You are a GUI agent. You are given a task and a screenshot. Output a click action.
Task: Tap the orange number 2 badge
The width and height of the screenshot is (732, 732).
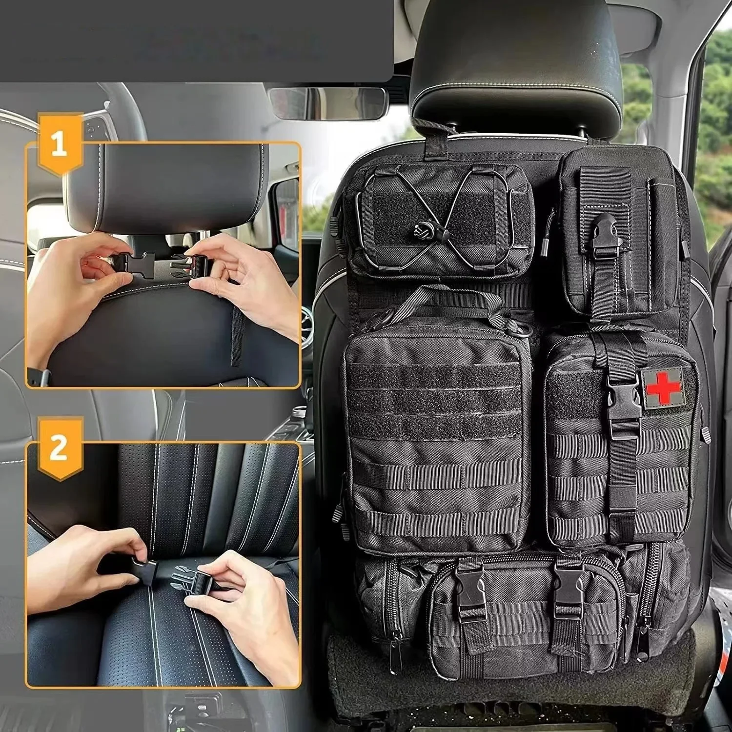[x=60, y=447]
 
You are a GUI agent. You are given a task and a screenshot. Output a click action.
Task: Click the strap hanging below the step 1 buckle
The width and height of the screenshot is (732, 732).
[x=238, y=337]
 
